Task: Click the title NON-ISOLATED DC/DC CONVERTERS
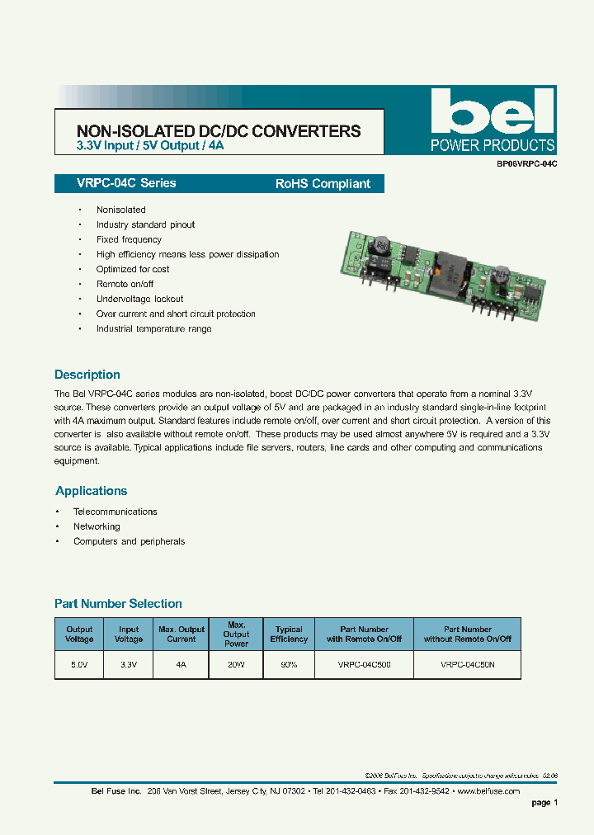(x=218, y=130)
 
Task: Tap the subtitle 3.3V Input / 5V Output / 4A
(x=150, y=146)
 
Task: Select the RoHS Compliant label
(x=323, y=184)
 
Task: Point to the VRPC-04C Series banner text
(x=115, y=183)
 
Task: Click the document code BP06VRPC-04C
(x=527, y=164)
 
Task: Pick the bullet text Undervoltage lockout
(x=139, y=299)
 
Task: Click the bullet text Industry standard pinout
(x=145, y=224)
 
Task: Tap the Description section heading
(x=87, y=375)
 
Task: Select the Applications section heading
(x=92, y=491)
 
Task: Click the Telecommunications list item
(x=115, y=512)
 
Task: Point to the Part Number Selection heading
(x=118, y=604)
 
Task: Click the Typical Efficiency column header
(x=289, y=634)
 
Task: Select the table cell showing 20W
(x=236, y=663)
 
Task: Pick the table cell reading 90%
(x=289, y=663)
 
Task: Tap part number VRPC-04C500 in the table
(x=364, y=663)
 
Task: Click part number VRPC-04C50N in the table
(x=467, y=663)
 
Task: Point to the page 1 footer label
(x=544, y=803)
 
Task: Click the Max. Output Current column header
(x=181, y=634)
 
